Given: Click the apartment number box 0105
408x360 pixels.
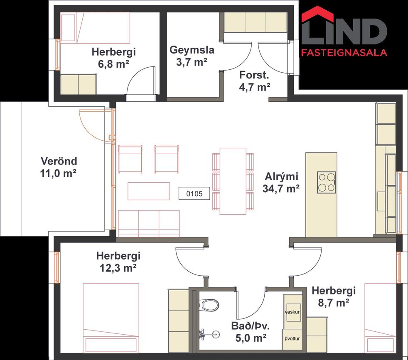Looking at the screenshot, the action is [x=194, y=193].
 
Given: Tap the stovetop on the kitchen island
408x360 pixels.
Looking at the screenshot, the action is [x=327, y=182].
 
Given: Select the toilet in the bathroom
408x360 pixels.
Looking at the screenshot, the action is [x=209, y=305].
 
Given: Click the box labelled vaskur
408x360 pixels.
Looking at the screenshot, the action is [x=292, y=312].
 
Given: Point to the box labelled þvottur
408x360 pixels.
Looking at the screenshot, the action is [x=292, y=339].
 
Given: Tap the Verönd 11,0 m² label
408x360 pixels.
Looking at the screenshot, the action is [x=59, y=167].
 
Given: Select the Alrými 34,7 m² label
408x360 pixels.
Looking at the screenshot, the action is [x=281, y=182].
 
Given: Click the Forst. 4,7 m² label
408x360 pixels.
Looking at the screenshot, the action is [x=254, y=81].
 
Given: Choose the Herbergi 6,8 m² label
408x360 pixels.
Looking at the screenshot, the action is [x=114, y=58].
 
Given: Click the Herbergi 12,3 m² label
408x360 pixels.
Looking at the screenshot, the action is [x=118, y=262].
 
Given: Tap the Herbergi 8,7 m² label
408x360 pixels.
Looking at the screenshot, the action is [x=334, y=296].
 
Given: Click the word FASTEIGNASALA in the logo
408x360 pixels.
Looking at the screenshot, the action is [x=344, y=53].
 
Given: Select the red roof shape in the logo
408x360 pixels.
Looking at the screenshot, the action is [x=317, y=14].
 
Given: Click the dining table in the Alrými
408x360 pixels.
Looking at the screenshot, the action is [x=233, y=181].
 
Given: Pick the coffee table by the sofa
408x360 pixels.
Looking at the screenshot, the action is [x=149, y=191].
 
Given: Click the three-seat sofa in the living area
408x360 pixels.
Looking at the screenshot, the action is [x=149, y=224].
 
